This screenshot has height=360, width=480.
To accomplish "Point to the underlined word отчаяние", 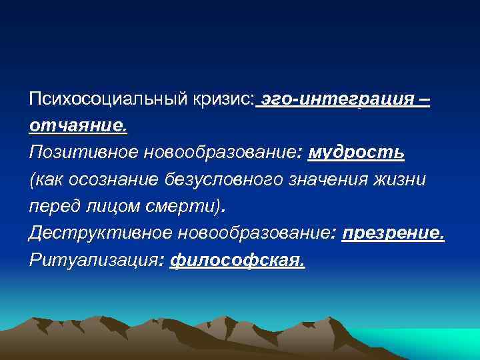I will click(77, 126).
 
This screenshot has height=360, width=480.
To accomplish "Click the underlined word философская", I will click(238, 261).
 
